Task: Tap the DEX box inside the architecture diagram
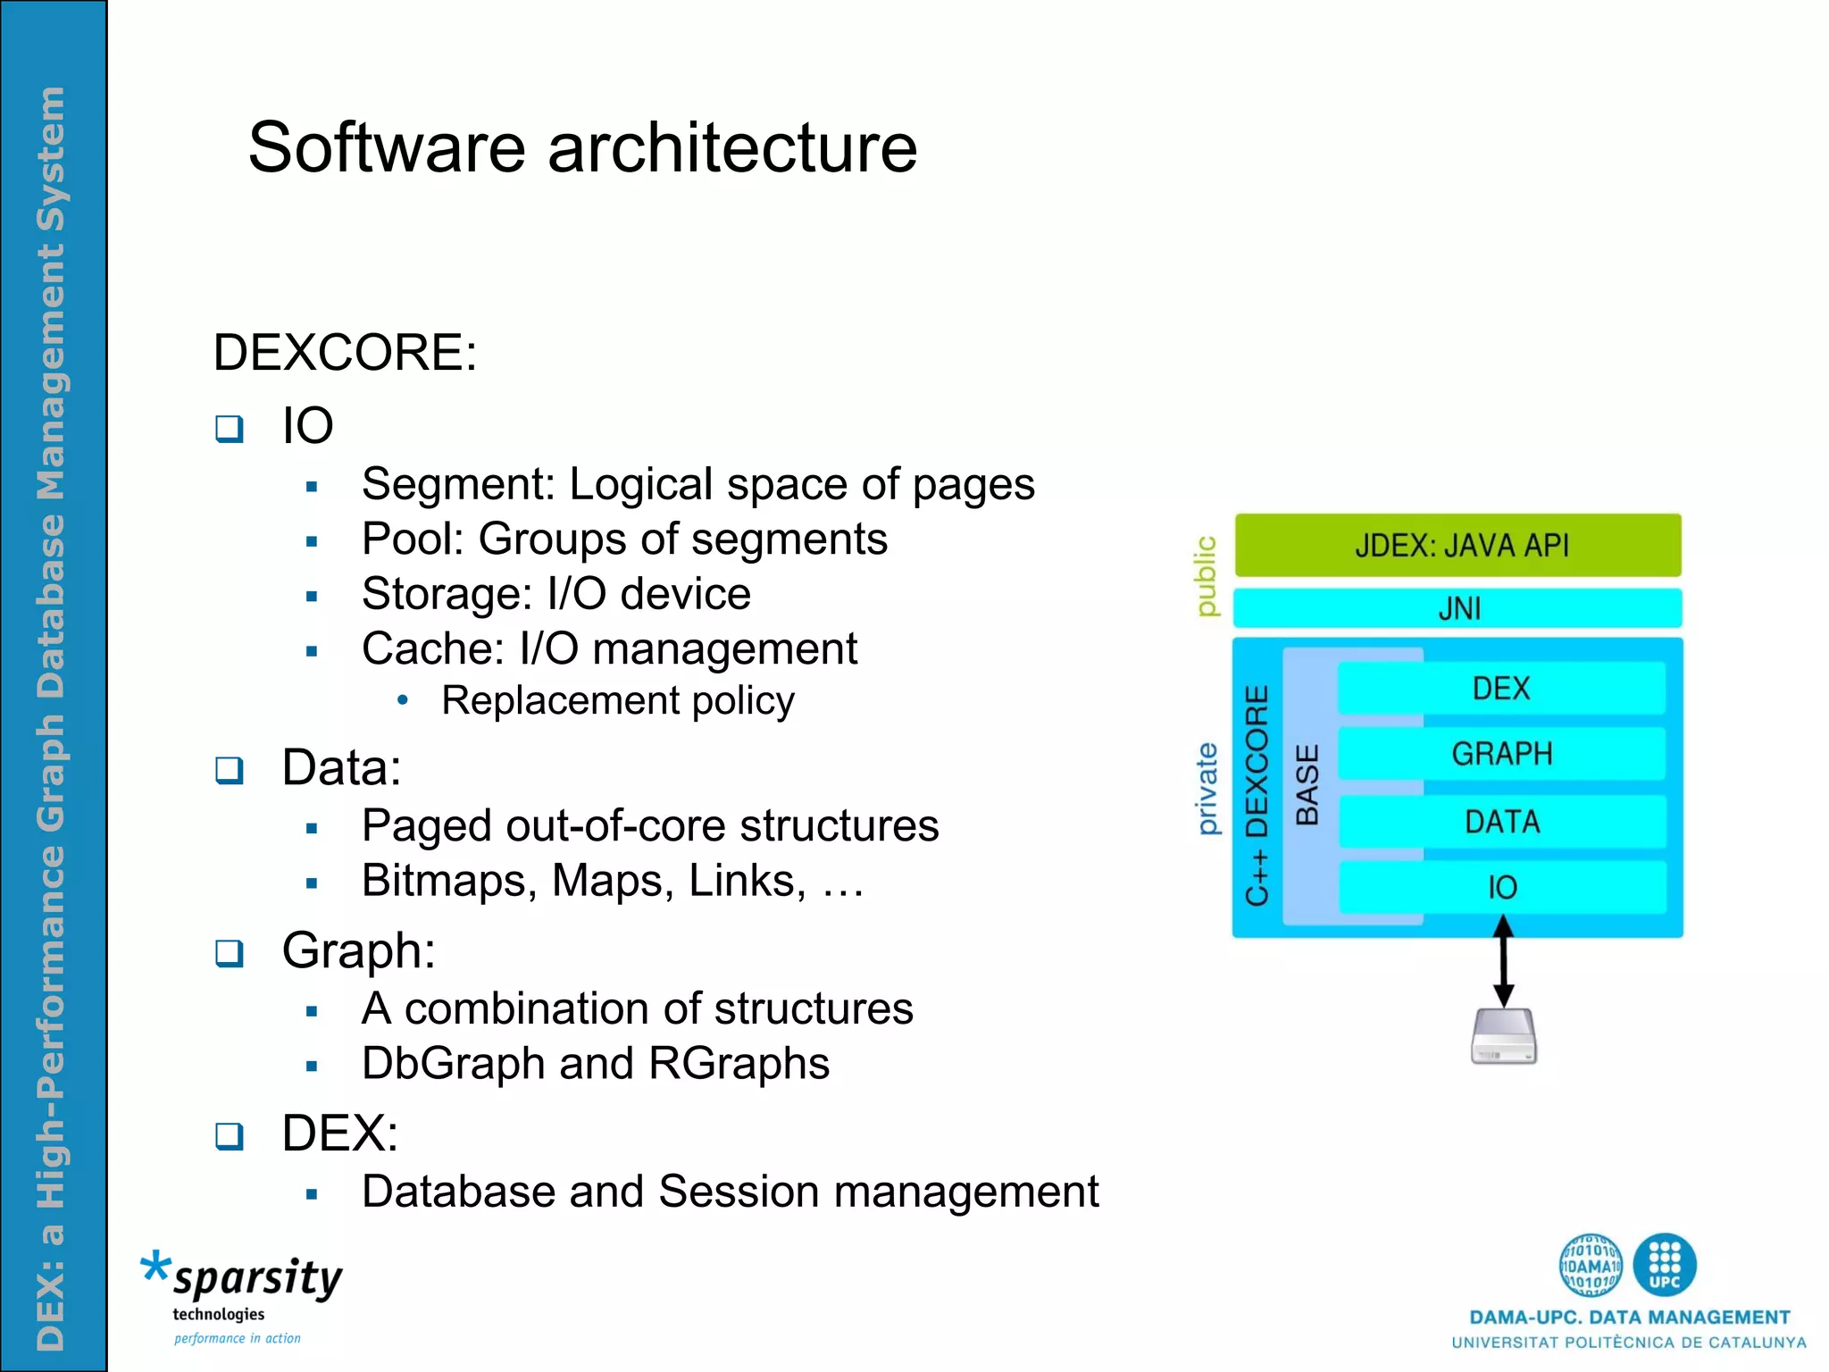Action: coord(1500,689)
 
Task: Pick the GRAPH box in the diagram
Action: coord(1500,754)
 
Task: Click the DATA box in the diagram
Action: coord(1500,821)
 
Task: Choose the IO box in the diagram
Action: coord(1500,887)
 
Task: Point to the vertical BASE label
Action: coord(1307,785)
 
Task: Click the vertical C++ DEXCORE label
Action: coord(1257,795)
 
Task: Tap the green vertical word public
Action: coord(1206,576)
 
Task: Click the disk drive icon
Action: coord(1503,1036)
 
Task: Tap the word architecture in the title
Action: coord(731,147)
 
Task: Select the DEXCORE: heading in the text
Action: coord(345,352)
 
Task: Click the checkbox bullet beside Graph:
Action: coord(230,953)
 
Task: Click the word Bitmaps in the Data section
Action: coord(449,881)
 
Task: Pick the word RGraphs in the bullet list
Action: coord(739,1063)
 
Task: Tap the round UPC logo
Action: coord(1664,1264)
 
